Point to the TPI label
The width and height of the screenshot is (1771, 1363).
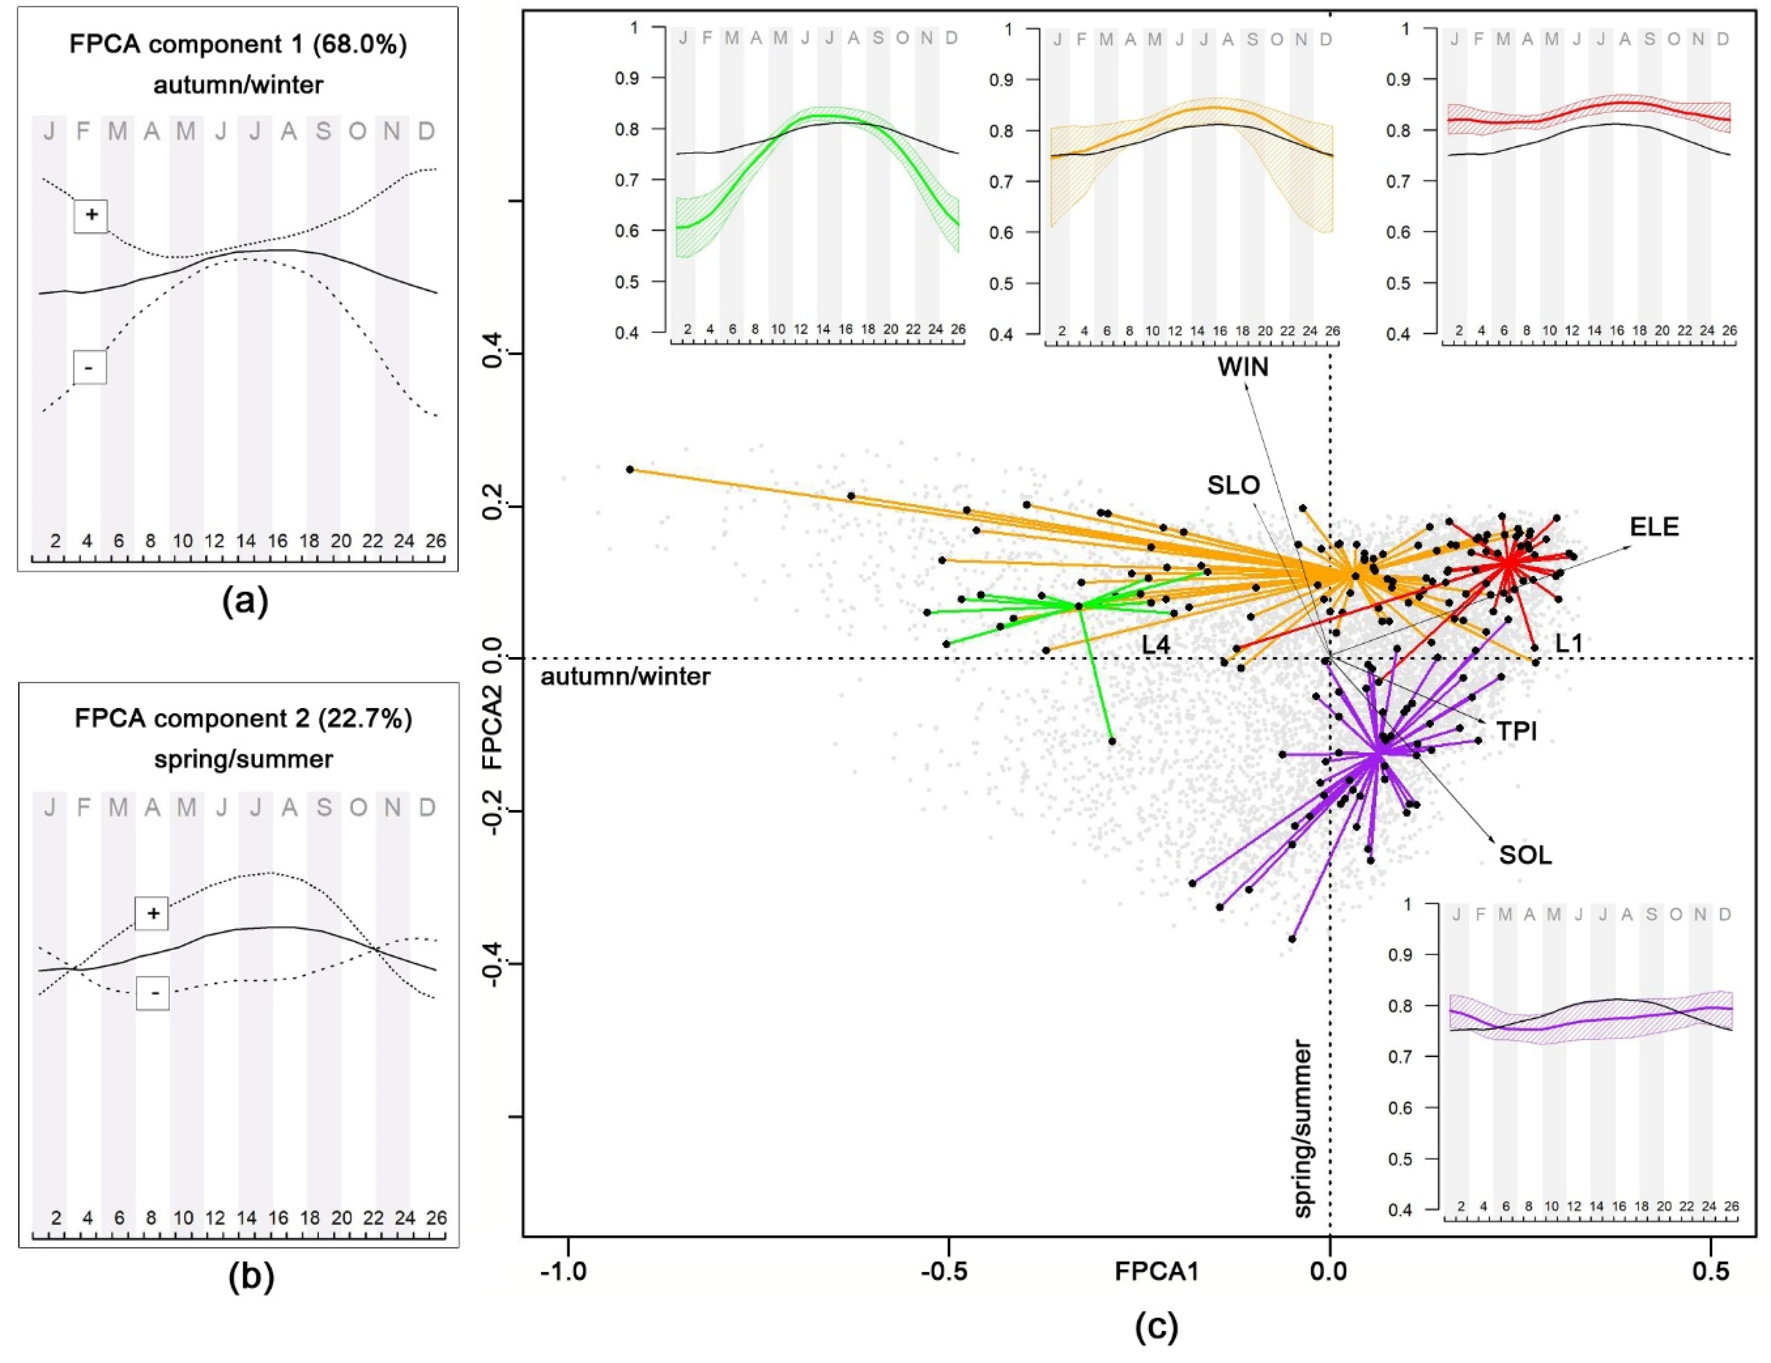pyautogui.click(x=1516, y=731)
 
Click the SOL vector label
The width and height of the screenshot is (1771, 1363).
pyautogui.click(x=1525, y=855)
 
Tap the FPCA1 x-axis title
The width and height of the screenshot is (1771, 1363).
pyautogui.click(x=1156, y=1270)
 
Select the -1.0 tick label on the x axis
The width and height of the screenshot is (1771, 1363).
pyautogui.click(x=563, y=1270)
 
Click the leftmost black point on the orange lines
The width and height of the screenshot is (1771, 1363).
pyautogui.click(x=630, y=470)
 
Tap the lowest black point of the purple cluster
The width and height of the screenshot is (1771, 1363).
pyautogui.click(x=1292, y=939)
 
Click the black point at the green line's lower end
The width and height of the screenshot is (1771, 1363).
pyautogui.click(x=1112, y=741)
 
